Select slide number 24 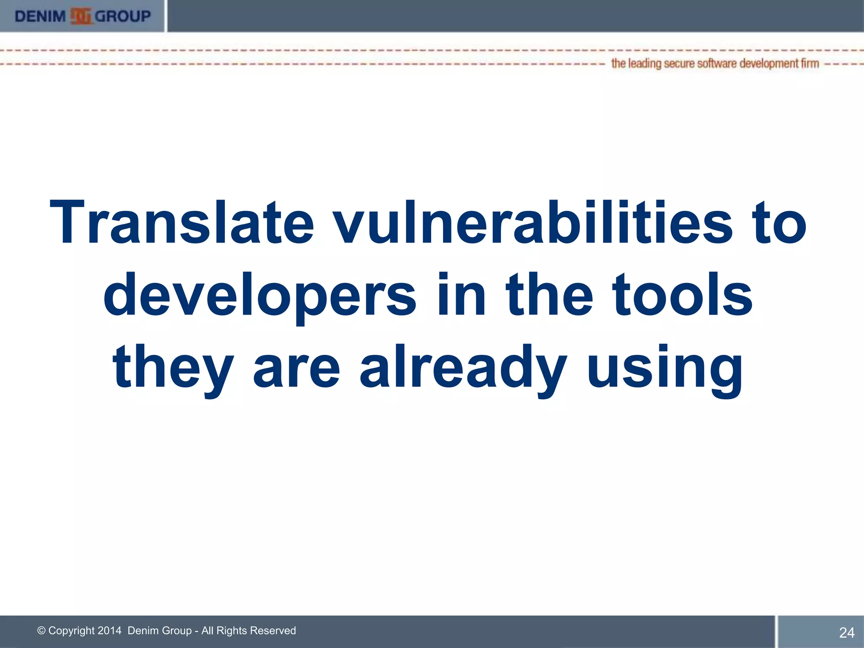846,632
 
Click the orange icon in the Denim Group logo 81,16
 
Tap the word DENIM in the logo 40,16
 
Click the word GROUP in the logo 123,16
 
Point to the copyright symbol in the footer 41,631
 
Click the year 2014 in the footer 109,631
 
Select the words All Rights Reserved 248,631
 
